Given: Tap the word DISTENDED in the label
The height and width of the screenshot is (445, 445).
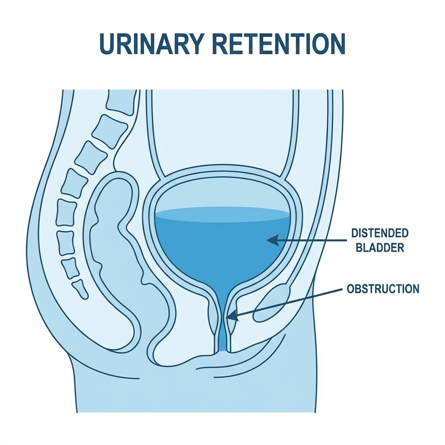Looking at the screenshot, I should click(379, 233).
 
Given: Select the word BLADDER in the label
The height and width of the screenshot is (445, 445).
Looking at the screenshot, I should click(379, 248).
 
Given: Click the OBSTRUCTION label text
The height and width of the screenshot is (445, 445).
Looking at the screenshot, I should click(383, 289).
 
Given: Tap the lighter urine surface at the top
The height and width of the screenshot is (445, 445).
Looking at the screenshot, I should click(222, 213).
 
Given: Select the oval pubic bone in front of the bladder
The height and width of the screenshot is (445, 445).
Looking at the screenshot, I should click(272, 303).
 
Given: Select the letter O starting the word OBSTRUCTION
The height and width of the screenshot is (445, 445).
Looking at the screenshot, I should click(351, 289).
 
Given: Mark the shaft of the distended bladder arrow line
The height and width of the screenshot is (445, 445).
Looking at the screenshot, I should click(313, 239).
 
